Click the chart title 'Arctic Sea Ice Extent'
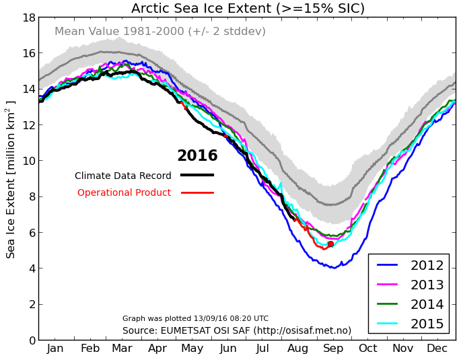[248, 9]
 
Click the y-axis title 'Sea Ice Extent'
[11, 179]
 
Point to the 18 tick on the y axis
[28, 17]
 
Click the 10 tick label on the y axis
[28, 161]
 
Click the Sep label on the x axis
[334, 349]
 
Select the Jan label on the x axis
[56, 349]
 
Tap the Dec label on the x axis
[438, 349]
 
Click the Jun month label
[228, 349]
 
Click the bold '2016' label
[197, 156]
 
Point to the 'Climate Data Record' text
[123, 176]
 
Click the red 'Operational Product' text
[124, 193]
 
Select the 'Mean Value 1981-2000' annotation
[160, 32]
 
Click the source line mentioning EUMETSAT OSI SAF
[237, 330]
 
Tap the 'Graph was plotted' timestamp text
[195, 318]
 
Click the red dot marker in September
[330, 244]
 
